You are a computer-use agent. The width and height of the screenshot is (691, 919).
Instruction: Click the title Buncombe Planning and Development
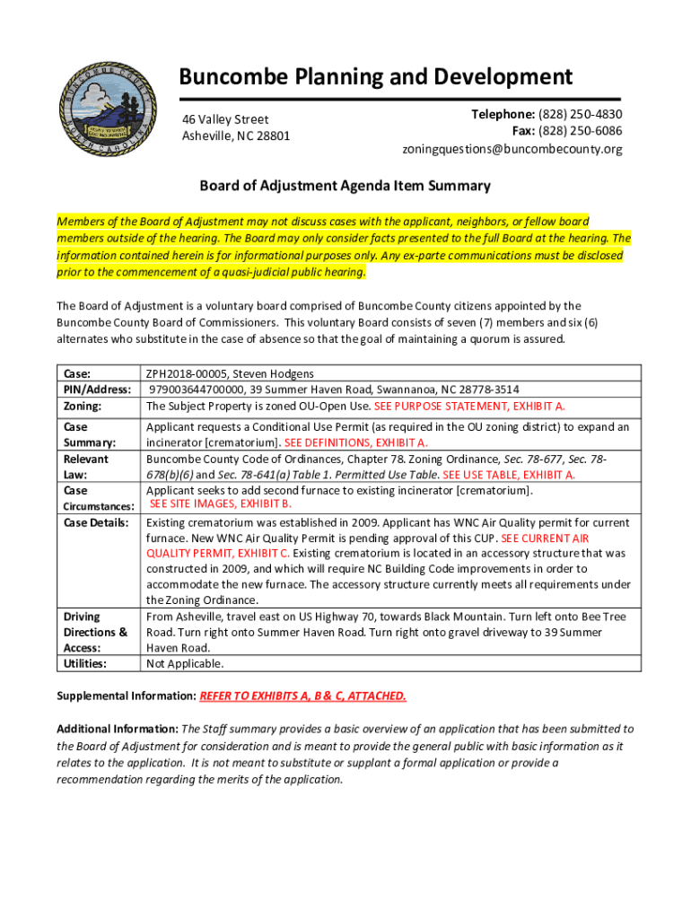375,77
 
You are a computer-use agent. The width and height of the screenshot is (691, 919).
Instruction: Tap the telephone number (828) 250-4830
579,114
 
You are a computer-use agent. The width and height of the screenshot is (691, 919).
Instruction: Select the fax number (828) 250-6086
579,131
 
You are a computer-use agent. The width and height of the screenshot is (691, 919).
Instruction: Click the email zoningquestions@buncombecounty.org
512,149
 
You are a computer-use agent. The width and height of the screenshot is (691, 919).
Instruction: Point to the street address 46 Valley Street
225,119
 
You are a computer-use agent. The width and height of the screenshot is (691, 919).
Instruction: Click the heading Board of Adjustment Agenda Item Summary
345,186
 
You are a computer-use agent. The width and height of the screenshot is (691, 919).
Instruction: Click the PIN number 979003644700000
198,389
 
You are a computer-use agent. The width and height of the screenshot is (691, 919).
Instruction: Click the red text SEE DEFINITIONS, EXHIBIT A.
356,442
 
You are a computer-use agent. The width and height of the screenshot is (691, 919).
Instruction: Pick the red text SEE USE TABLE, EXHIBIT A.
510,475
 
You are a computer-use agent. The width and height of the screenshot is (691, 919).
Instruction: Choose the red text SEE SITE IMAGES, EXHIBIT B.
221,505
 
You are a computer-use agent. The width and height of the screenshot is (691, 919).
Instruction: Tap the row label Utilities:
84,663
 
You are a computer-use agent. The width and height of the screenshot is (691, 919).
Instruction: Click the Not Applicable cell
185,664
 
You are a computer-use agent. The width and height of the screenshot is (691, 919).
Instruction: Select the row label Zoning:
83,406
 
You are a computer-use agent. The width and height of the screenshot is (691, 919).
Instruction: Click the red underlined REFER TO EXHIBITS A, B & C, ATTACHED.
302,696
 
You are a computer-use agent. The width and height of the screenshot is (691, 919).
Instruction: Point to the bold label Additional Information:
118,729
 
